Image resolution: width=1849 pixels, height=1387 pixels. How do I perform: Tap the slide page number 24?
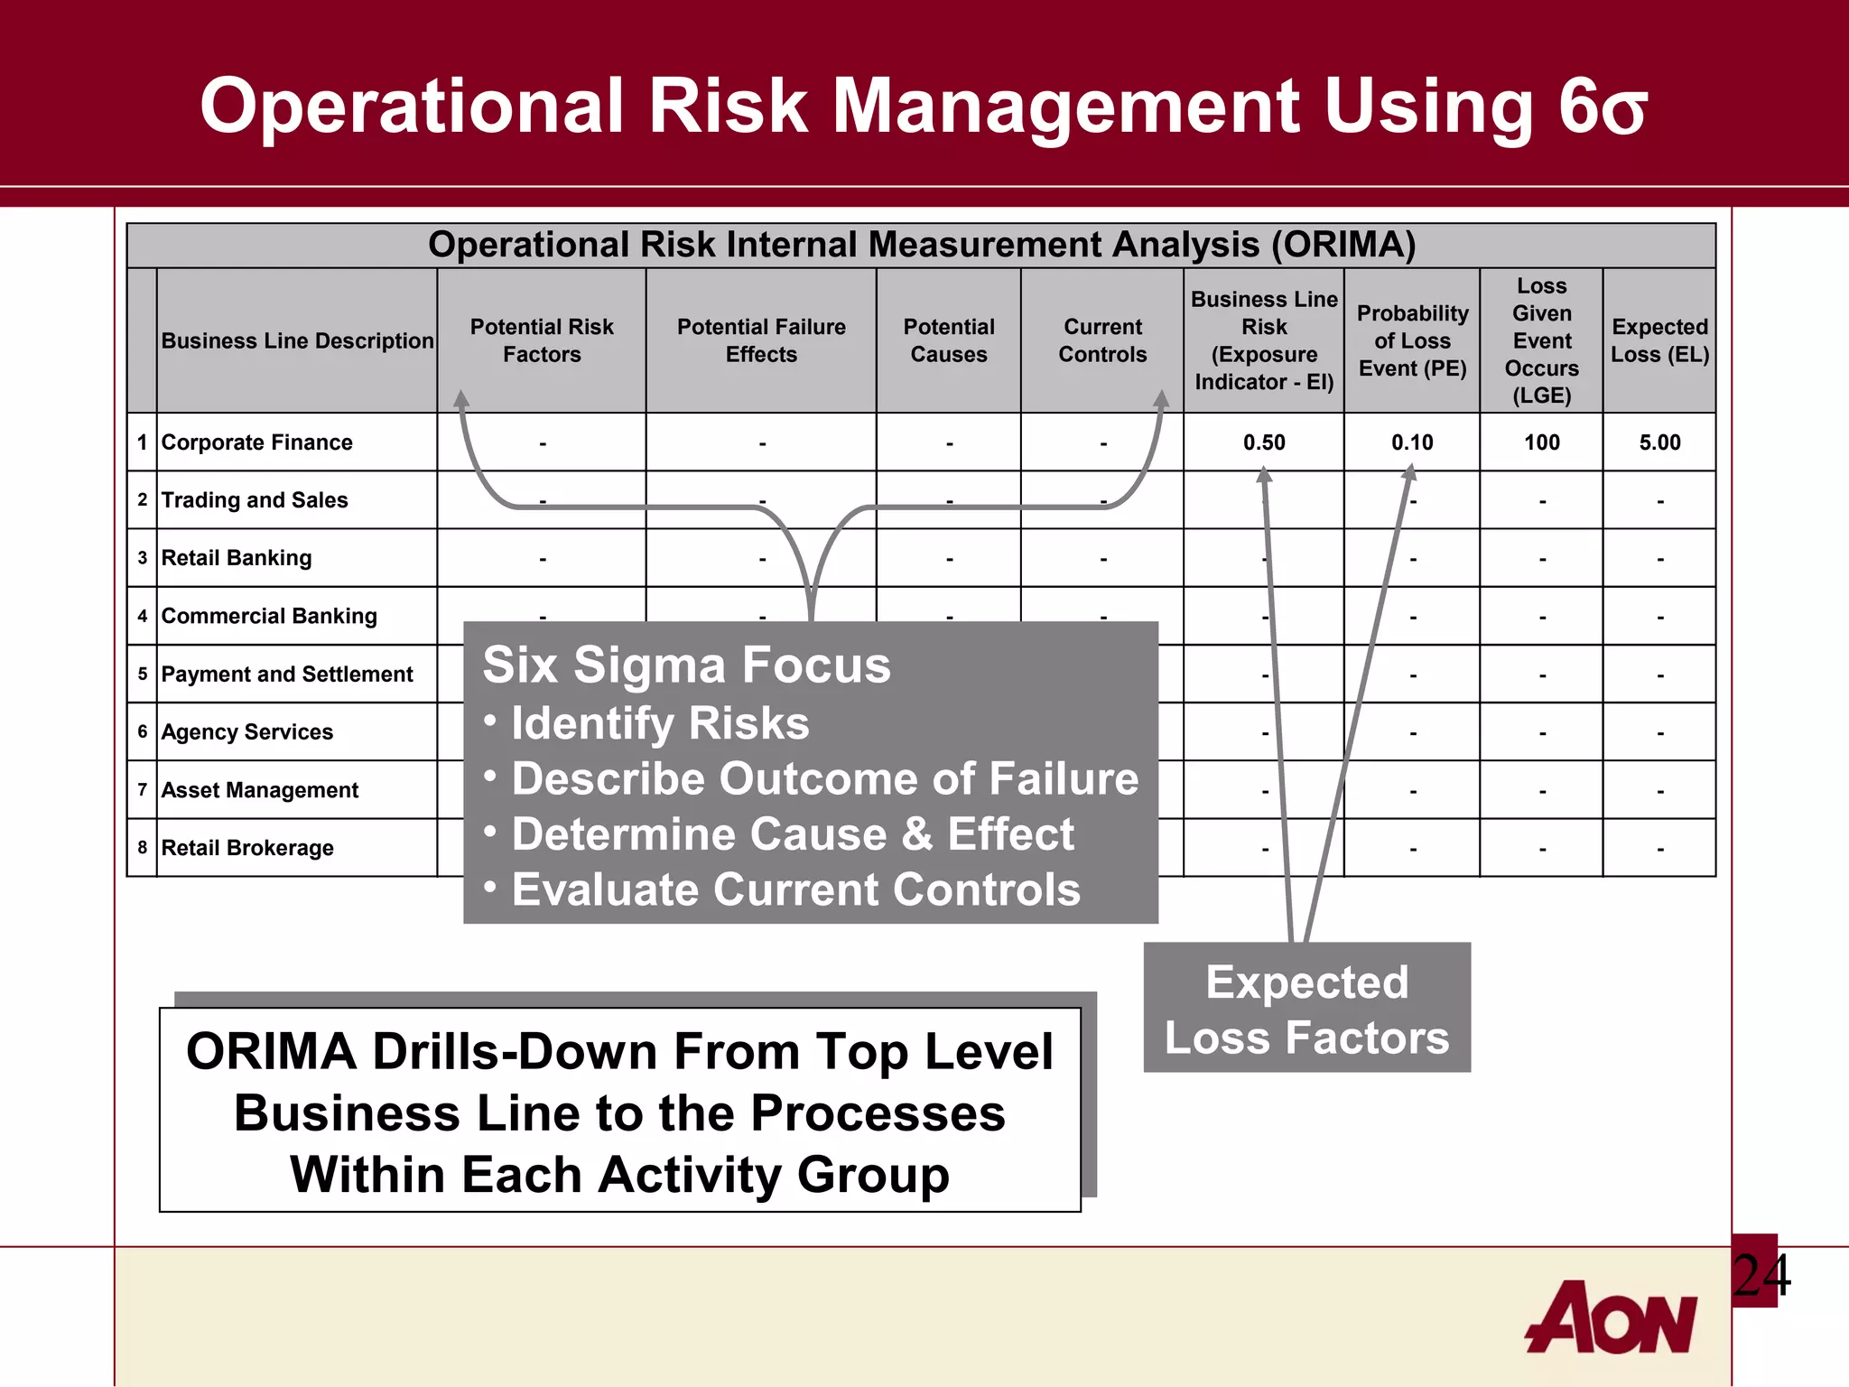1761,1275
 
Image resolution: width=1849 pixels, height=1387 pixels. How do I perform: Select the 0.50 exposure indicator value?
1263,442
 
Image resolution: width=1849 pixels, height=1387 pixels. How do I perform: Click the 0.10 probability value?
1412,442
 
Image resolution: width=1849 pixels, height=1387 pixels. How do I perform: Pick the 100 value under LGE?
1541,442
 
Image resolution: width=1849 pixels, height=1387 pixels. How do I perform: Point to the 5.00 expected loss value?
1659,442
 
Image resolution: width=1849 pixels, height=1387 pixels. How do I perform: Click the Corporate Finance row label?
256,442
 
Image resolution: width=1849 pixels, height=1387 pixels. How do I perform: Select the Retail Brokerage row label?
247,848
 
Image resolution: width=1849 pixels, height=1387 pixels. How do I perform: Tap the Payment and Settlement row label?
286,675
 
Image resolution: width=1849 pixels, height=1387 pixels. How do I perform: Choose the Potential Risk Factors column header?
542,340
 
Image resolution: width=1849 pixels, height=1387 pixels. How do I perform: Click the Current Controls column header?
1102,340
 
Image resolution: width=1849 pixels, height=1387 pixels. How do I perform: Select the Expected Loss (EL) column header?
1659,340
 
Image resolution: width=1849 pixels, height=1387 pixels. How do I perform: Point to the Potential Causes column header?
948,340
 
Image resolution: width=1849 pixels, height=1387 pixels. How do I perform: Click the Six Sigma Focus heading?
686,666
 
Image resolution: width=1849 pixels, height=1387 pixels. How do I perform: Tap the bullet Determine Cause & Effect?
792,833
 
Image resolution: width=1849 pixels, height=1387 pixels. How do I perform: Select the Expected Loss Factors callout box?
1306,1009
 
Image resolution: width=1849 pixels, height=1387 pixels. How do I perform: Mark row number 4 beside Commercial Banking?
142,616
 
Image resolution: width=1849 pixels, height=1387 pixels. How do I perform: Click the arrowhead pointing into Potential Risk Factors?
461,399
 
